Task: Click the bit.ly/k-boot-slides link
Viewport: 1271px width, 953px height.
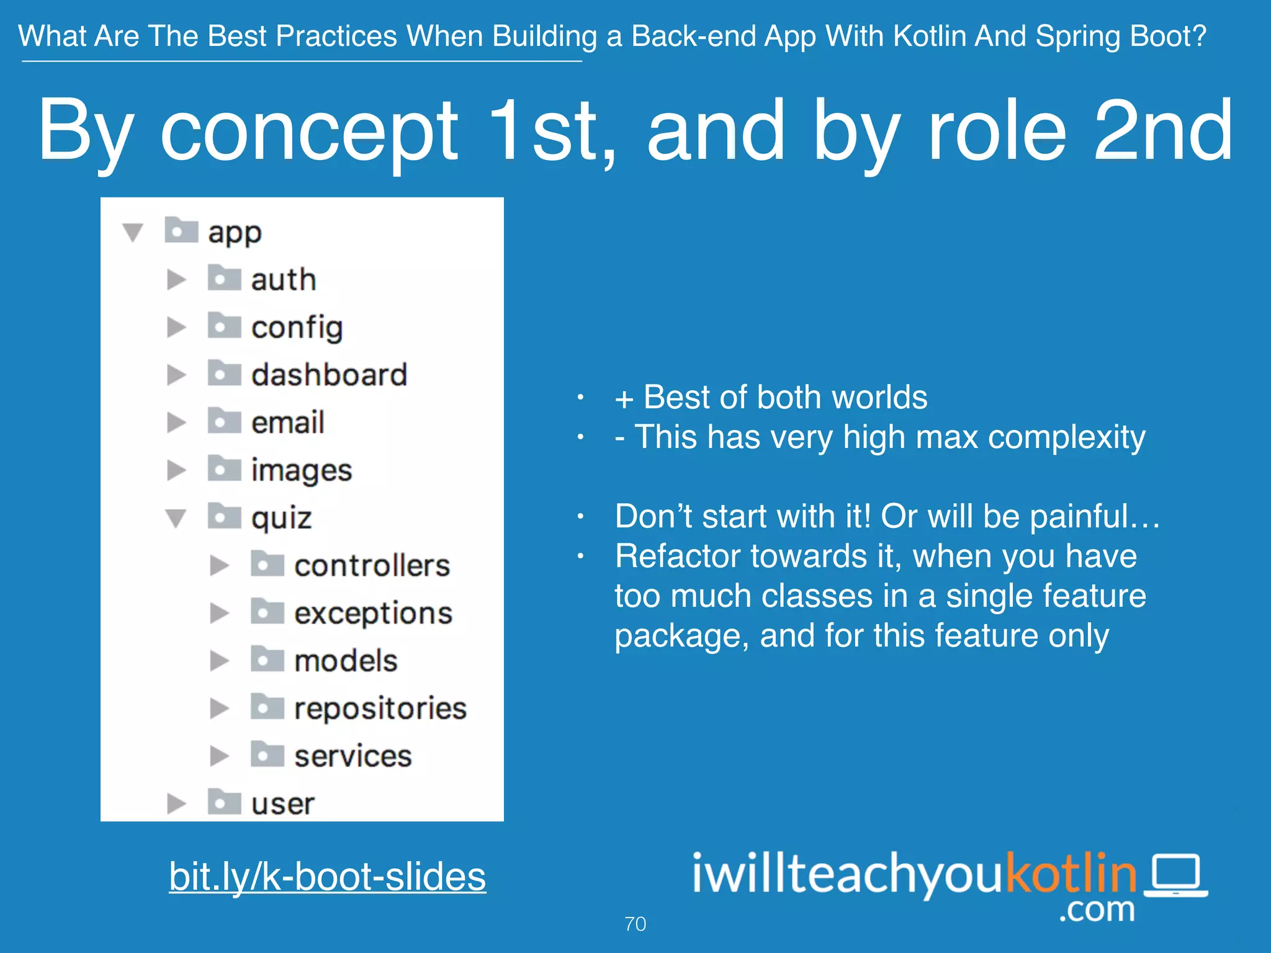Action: pos(327,876)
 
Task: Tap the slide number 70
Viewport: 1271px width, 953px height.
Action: pos(635,924)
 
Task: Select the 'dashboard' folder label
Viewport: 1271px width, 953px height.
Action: pos(329,375)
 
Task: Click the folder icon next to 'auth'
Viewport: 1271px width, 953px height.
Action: pos(224,278)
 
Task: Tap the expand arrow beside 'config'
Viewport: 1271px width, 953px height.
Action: pos(176,327)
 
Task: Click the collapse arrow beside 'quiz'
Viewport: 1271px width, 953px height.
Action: pos(176,517)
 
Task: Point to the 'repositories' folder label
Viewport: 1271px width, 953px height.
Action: pos(380,709)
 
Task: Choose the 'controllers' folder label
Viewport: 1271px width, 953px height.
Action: pos(372,565)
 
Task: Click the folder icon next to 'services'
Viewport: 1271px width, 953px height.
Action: pos(267,754)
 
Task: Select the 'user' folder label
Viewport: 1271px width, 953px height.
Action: pos(282,804)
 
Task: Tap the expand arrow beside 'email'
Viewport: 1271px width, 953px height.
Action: pos(176,423)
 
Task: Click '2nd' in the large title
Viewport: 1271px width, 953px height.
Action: pos(1162,132)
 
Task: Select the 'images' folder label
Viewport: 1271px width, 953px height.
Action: pos(302,470)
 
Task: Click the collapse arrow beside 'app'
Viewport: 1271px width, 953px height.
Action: pos(133,232)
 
